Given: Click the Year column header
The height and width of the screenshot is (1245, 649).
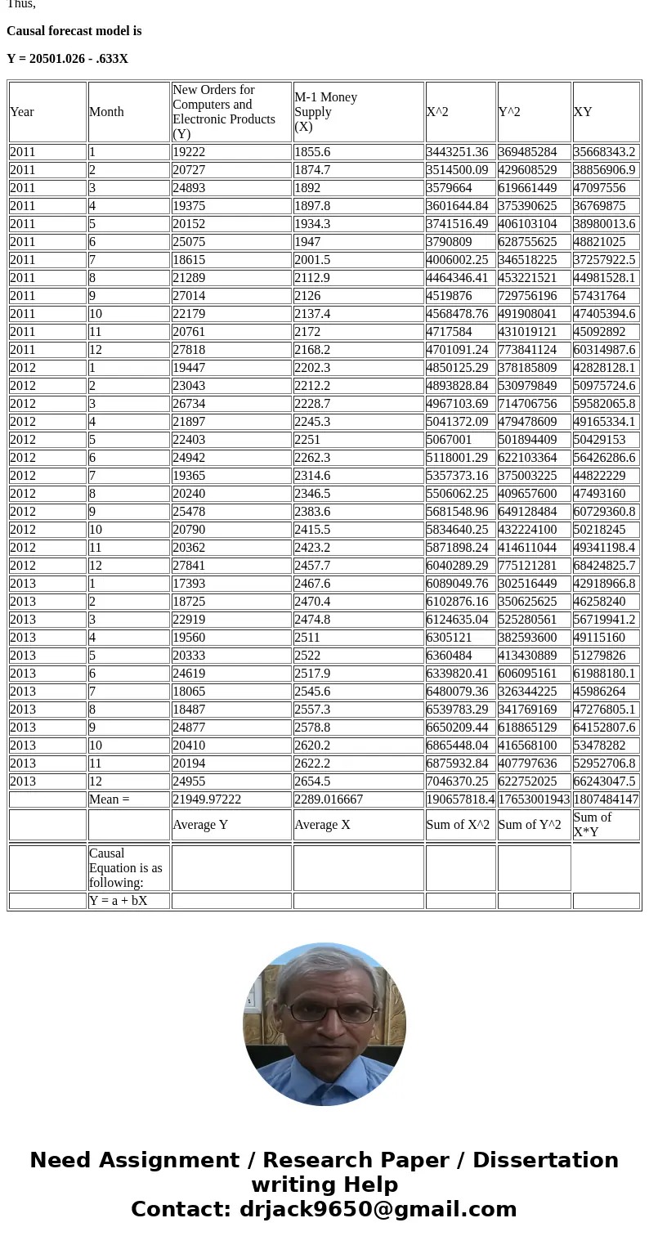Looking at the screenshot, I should [22, 112].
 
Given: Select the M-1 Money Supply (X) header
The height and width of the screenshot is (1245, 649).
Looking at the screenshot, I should [325, 112].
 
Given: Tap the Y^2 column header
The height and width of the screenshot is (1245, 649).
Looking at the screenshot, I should [509, 112].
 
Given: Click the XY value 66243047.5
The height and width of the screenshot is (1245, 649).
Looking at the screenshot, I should [604, 781].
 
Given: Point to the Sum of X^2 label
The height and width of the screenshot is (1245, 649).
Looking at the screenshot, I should [458, 825].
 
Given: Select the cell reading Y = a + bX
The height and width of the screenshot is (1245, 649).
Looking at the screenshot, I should [119, 901].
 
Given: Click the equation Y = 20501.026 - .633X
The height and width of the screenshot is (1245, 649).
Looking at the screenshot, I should [67, 59].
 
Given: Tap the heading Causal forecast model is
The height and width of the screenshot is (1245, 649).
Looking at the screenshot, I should [74, 31].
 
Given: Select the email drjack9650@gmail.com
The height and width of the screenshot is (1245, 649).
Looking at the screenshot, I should [378, 1210].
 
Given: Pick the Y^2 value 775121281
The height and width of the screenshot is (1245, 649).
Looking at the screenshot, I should [532, 566].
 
